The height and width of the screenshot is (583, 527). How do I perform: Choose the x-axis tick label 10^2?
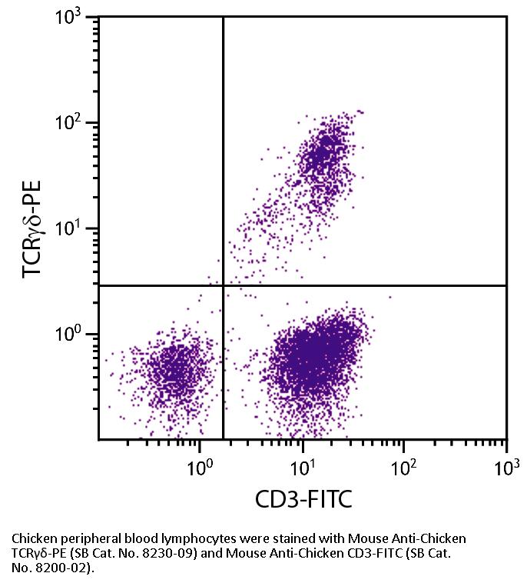click(x=404, y=465)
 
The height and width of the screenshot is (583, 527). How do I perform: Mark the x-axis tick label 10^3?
click(x=506, y=465)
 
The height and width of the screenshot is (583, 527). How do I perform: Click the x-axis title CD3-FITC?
click(x=303, y=501)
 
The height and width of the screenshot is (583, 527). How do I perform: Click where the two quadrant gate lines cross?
click(x=223, y=285)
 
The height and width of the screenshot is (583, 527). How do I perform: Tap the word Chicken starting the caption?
click(x=35, y=538)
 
